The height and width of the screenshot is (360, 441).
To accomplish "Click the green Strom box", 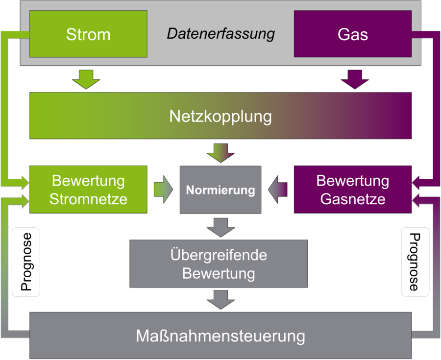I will coord(88,34).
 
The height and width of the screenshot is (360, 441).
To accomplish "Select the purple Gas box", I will coord(352,34).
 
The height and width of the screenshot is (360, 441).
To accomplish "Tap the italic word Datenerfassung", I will coord(220,34).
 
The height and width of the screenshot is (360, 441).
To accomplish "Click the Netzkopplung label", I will coord(220,116).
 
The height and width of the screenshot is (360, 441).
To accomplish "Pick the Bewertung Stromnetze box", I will coord(88,189).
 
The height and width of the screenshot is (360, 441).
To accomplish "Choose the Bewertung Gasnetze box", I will coord(352,189).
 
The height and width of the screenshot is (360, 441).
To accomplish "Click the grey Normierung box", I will coord(220,190).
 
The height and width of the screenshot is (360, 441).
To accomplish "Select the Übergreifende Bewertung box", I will coord(219,263).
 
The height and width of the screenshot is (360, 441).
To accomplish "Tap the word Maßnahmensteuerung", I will coord(220,336).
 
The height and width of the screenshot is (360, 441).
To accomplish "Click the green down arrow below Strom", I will coord(86,79).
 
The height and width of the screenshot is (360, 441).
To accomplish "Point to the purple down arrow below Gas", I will coord(355,79).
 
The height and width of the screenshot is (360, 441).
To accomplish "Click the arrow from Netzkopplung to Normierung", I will coord(220,152).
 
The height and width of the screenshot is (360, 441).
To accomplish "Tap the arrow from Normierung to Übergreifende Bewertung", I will coord(220,226).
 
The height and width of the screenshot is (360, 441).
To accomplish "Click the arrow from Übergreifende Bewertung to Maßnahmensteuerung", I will coord(220,299).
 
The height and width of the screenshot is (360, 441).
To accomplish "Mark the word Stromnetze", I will coord(88,199).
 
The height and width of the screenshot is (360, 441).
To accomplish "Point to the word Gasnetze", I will coord(352,199).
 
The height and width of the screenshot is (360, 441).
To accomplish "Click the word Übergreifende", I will coord(219,255).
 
